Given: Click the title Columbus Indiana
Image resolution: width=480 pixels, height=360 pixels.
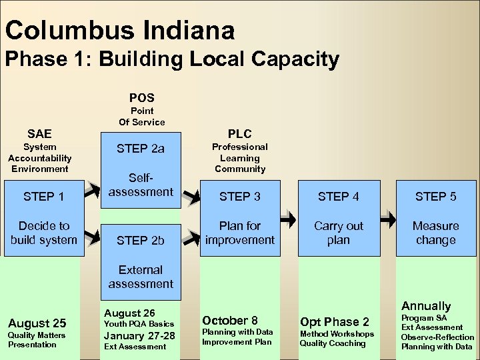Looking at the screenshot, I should point(120,30).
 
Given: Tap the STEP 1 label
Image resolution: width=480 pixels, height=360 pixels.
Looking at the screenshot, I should point(43,197).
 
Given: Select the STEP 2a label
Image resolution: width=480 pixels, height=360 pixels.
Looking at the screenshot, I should point(141,149).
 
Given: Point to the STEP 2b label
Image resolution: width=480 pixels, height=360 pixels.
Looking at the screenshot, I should point(141,241).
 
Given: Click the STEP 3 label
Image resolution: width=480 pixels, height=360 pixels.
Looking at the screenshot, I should point(240,197).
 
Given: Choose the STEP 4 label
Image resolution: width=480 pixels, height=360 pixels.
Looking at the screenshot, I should point(338,197).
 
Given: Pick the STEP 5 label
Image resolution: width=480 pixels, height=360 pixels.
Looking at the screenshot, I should point(435,197).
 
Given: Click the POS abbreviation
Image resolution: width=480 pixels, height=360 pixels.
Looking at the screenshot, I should point(141,98).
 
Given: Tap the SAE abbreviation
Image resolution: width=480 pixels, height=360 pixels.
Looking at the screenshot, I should point(39,134).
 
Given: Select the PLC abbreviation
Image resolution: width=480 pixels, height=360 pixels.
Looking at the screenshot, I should point(240,134).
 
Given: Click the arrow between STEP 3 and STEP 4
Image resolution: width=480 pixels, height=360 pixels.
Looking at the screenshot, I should point(288,218).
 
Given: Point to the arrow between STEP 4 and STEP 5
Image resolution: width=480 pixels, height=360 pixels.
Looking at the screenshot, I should point(387,218).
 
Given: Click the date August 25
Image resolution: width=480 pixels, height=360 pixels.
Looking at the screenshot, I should point(37,323).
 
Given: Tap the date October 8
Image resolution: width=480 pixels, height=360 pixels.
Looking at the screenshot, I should point(230,321).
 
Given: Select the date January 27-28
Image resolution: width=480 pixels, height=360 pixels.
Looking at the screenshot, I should point(139,335).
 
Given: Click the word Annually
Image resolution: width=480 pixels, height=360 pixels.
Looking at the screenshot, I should point(426,306).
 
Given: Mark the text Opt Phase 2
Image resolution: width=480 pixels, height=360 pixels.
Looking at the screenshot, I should point(334,322).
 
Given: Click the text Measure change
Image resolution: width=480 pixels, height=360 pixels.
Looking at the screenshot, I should point(435,233).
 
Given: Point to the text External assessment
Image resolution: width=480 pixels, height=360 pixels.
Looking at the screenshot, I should point(141,277).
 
